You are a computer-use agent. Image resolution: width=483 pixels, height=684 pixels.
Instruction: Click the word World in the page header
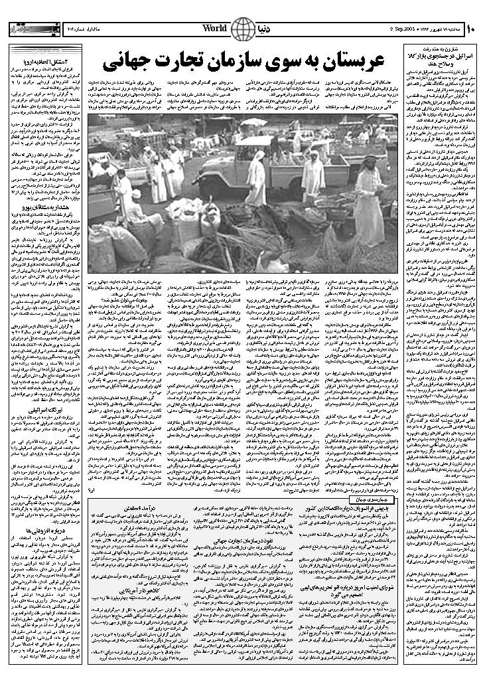click(214, 29)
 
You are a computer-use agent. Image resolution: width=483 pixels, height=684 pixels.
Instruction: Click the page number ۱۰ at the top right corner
click(471, 29)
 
